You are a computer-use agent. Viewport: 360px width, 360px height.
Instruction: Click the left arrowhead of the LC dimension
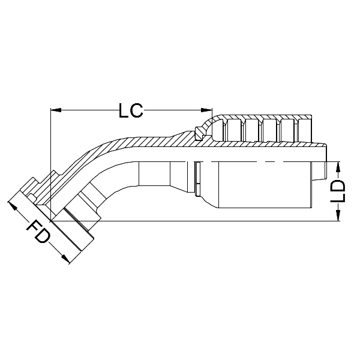[56, 110]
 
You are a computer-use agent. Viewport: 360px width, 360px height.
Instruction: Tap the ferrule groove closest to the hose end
[305, 128]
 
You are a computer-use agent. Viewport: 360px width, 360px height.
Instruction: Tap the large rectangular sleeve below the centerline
[264, 186]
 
